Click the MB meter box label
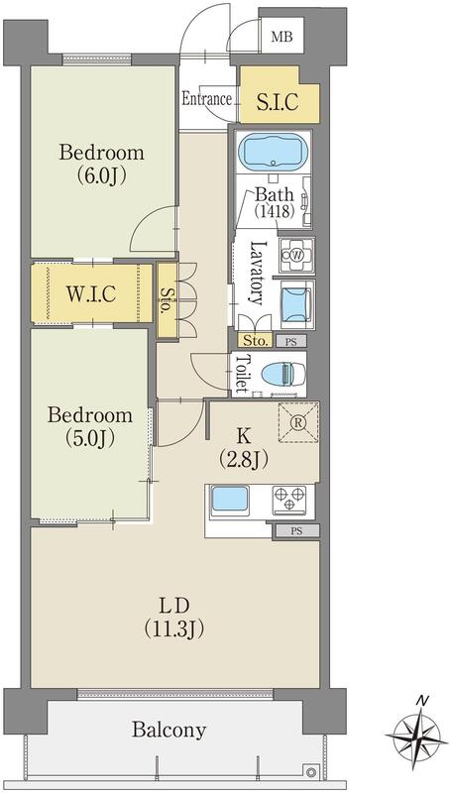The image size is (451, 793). (282, 37)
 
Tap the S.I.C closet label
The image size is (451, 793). (278, 102)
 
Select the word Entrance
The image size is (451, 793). (206, 98)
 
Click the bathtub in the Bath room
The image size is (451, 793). (273, 153)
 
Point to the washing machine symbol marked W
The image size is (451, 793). (296, 255)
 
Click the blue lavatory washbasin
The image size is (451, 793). (294, 303)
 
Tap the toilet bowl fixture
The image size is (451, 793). (279, 375)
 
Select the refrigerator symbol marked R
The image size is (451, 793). (298, 423)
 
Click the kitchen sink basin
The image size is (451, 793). (230, 500)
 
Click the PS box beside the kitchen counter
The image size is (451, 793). (296, 531)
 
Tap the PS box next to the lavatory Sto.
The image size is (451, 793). (291, 341)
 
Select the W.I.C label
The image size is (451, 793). (91, 292)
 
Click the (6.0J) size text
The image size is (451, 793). (102, 175)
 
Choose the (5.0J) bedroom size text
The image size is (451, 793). (90, 438)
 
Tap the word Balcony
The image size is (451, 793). (169, 731)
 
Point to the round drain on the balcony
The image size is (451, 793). (311, 772)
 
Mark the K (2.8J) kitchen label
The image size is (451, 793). (244, 447)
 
